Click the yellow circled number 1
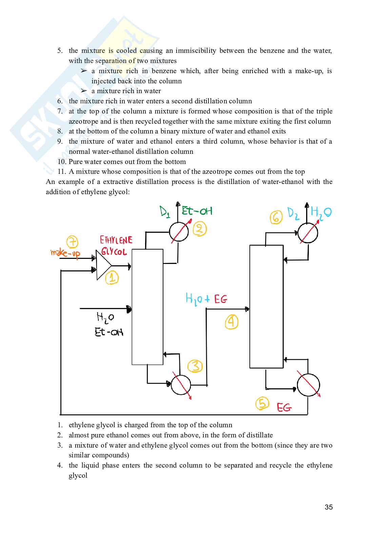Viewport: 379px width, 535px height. (x=112, y=278)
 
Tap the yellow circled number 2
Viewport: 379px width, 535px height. (x=199, y=229)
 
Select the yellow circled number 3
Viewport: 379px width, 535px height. (x=195, y=366)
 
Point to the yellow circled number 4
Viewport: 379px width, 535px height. (x=232, y=322)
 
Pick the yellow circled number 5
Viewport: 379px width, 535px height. (x=262, y=403)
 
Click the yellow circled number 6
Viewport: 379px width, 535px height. (x=276, y=217)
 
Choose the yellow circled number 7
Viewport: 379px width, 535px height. (x=72, y=242)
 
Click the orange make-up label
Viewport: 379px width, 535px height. (x=65, y=253)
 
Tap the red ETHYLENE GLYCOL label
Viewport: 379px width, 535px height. (x=115, y=246)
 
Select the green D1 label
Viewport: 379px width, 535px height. (x=165, y=212)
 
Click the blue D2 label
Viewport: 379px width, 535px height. (x=293, y=214)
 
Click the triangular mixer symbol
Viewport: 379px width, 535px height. (x=103, y=265)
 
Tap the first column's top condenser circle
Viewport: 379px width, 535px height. (x=179, y=232)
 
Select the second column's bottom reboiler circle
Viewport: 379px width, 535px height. (x=308, y=385)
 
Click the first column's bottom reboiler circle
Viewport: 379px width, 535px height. (x=181, y=385)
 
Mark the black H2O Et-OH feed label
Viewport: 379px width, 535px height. (x=108, y=325)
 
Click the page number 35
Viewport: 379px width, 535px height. (x=328, y=507)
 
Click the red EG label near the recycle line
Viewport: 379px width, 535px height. (x=284, y=407)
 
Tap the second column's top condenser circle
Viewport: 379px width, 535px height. (x=308, y=233)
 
